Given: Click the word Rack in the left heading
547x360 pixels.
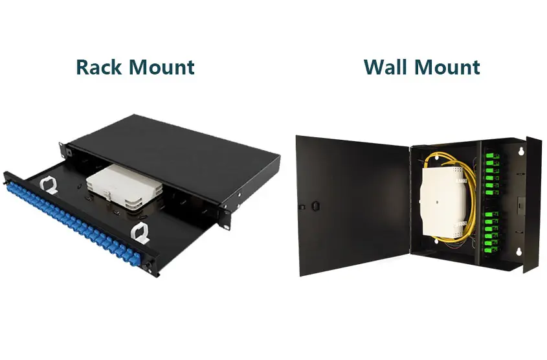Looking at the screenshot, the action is click(x=98, y=67).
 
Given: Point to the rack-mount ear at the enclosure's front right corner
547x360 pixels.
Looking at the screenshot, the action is click(x=225, y=219).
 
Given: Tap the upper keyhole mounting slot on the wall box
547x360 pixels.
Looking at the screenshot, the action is click(x=522, y=151).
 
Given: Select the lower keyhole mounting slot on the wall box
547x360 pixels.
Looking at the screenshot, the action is click(x=519, y=251).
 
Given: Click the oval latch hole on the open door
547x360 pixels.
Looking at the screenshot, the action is click(x=315, y=205).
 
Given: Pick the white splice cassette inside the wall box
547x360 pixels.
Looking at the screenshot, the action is click(x=443, y=201).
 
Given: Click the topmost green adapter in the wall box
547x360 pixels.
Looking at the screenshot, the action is click(x=492, y=156).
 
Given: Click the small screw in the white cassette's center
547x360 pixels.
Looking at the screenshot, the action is click(x=436, y=201).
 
